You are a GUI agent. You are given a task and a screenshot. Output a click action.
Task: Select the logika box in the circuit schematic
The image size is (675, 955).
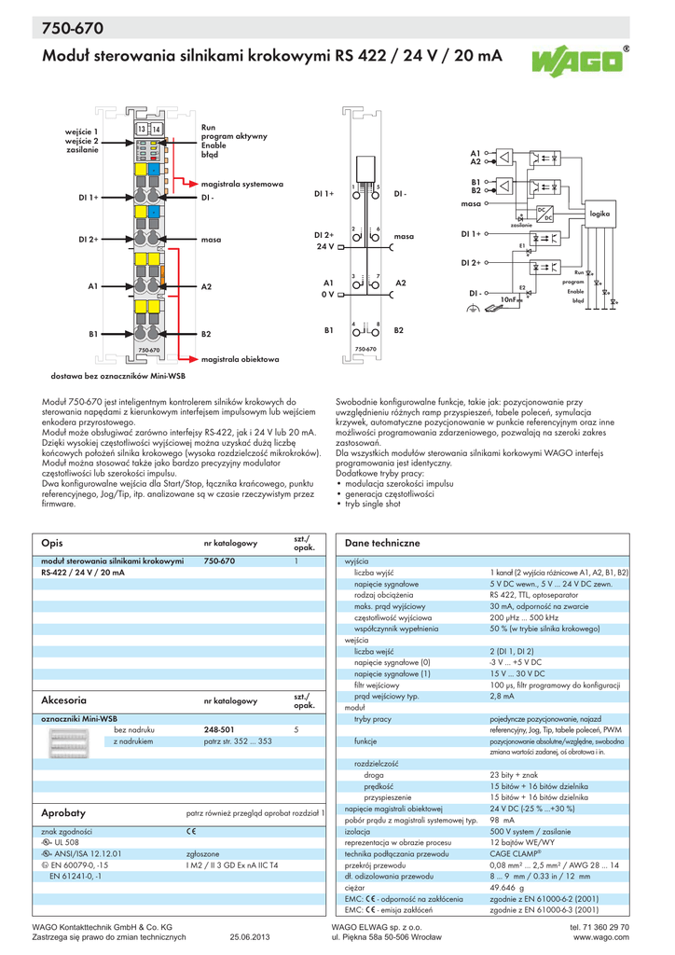coord(599,215)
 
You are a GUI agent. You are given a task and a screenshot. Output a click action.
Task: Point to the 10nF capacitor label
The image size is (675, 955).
coord(508,299)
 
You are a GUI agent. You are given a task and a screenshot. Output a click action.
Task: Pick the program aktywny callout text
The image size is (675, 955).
coord(234,136)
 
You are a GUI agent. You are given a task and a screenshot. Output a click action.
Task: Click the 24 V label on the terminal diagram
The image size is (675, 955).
coord(324,246)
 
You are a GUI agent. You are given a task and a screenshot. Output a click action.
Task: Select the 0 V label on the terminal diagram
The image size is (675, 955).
coord(327,294)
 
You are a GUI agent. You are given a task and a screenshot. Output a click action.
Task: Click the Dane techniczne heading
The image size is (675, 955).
coord(382,543)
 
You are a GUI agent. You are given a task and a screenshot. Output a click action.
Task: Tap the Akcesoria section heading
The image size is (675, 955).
coord(64,699)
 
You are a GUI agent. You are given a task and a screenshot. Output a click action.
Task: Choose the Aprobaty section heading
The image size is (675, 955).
coord(62,812)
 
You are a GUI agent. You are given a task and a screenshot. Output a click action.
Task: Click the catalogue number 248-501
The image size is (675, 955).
coord(218,729)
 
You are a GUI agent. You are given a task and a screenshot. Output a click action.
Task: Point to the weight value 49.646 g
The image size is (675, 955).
coord(506,890)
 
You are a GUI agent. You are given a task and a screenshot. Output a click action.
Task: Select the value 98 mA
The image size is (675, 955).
coord(502,820)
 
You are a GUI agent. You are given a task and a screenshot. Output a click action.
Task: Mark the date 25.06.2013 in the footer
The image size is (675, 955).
coord(250,937)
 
